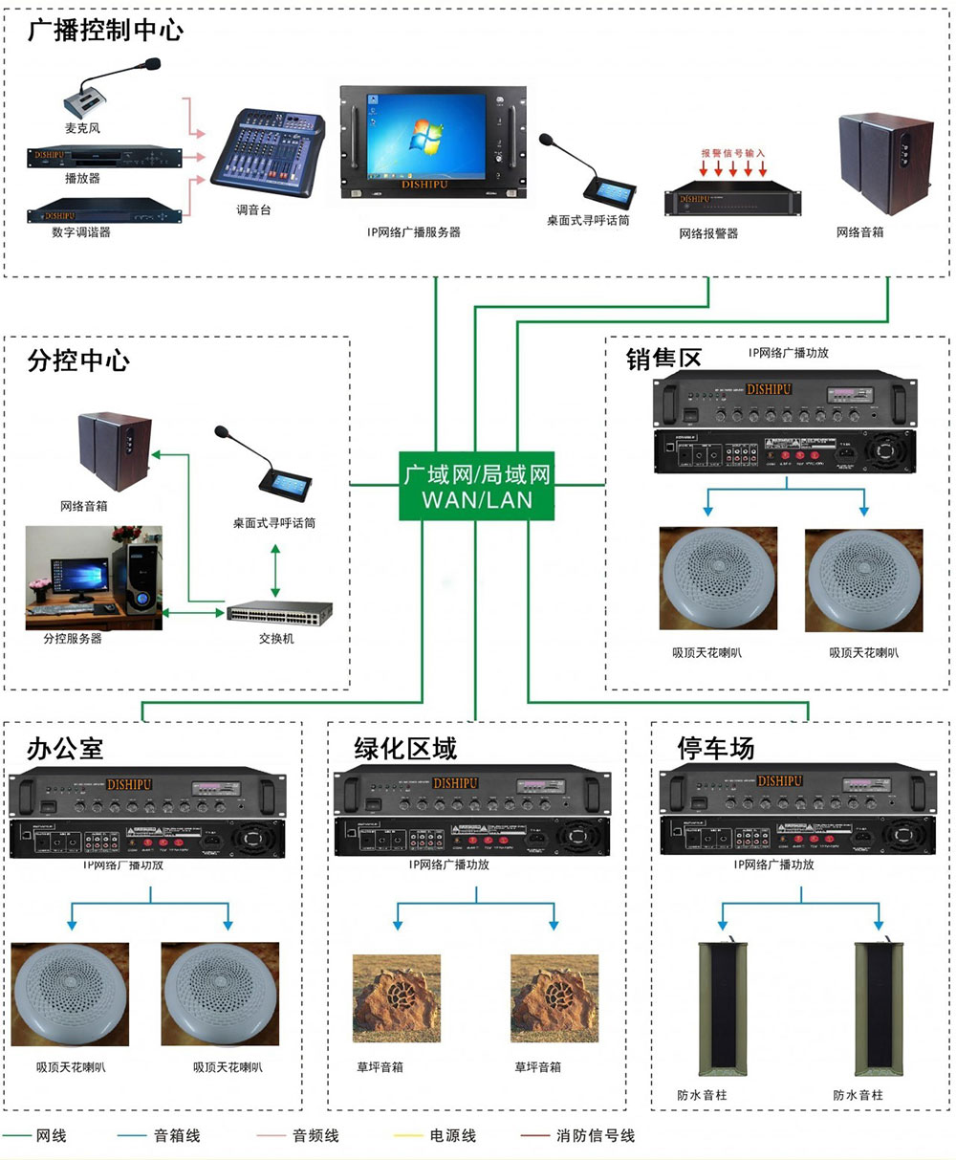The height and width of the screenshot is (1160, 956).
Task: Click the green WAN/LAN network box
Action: tap(475, 487)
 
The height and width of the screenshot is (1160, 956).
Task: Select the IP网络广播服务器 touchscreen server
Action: tap(434, 142)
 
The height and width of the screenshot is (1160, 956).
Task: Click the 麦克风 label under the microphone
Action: tap(82, 128)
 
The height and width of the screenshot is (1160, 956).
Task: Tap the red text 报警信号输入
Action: tap(732, 152)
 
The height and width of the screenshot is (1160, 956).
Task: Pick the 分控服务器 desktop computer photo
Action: tap(93, 577)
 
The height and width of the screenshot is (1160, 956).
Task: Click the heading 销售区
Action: tap(663, 359)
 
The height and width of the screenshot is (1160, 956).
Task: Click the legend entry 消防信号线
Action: tap(595, 1136)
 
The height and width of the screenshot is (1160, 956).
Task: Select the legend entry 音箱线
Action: tap(177, 1136)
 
